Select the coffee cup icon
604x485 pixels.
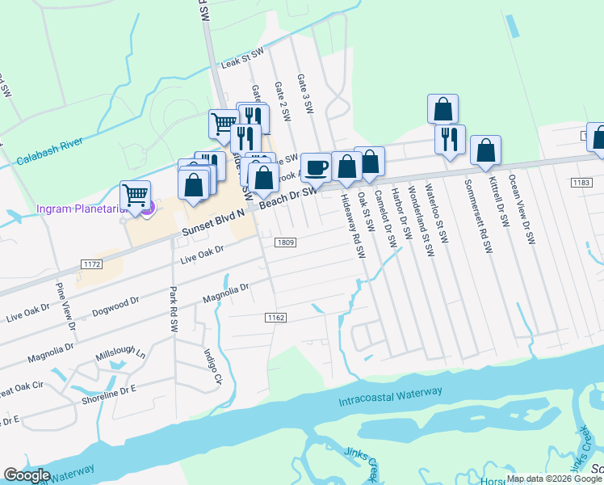(316, 167)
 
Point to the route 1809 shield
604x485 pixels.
(284, 242)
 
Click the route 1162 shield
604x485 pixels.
(275, 318)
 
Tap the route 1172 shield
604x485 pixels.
(91, 264)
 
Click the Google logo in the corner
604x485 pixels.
(27, 475)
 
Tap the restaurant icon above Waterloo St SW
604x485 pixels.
(450, 138)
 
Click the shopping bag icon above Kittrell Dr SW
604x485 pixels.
(485, 150)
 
